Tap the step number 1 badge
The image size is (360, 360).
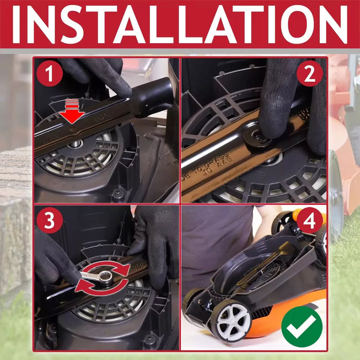click(x=49, y=74)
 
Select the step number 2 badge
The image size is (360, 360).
click(x=309, y=74)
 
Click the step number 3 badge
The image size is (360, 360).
click(x=49, y=221)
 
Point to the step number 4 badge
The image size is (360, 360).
click(x=310, y=221)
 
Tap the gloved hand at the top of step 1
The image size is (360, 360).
click(x=98, y=75)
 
